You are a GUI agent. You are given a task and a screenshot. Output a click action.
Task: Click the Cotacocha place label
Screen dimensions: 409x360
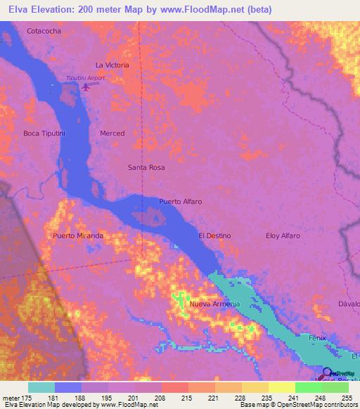point(44,32)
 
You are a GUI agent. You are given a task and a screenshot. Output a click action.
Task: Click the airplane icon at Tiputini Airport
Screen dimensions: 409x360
point(86,87)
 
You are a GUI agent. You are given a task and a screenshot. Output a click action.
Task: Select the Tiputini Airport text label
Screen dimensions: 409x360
point(85,78)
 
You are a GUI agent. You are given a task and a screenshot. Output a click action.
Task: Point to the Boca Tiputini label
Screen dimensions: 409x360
point(44,134)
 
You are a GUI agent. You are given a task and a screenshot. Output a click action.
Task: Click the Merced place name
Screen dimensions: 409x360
point(112,134)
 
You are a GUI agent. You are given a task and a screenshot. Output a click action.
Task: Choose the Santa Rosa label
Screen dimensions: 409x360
point(146,168)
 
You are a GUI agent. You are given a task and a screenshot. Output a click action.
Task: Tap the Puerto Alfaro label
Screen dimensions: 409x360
point(180,202)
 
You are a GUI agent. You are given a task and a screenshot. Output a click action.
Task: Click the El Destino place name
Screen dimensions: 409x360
point(214,236)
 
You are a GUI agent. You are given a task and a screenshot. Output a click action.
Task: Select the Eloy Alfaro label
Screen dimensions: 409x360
point(283,236)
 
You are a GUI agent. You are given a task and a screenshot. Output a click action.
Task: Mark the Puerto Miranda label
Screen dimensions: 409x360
point(78,236)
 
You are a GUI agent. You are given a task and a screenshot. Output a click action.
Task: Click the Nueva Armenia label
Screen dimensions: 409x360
point(214,304)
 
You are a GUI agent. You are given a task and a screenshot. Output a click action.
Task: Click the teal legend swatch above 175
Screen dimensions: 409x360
point(41,387)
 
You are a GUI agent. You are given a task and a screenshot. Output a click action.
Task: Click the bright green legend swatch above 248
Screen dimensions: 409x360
point(308,387)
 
